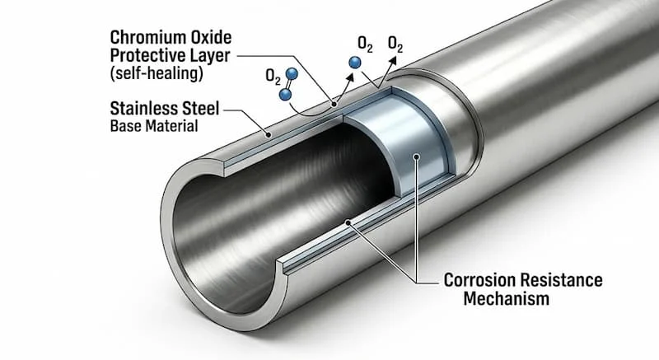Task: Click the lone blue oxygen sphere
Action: coord(356,63)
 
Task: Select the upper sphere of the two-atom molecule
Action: coord(292,75)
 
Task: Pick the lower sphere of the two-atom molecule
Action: coord(286,95)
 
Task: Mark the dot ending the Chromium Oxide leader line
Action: coord(334,105)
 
